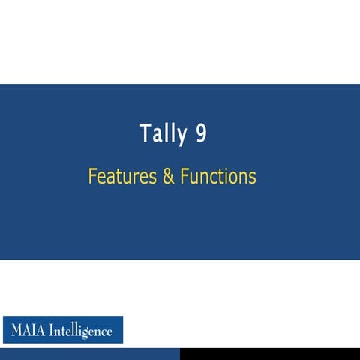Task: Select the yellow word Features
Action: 120,177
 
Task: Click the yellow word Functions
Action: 217,177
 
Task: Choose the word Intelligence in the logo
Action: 81,330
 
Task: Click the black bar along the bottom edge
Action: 270,354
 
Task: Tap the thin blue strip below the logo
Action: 90,354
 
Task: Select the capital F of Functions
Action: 182,177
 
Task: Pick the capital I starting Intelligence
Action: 52,330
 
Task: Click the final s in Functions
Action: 253,178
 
